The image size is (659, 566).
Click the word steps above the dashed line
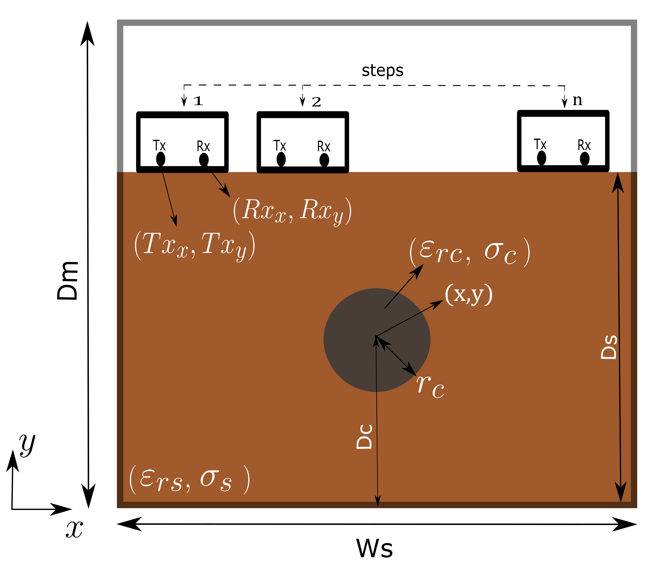pos(382,71)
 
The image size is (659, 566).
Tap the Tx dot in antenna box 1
pos(161,159)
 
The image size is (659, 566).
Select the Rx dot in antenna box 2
pos(324,160)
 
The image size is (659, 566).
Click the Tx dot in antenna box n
pos(541,158)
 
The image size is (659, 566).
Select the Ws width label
pos(374,548)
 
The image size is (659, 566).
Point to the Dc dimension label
pos(364,437)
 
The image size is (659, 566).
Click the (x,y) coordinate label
pos(469,295)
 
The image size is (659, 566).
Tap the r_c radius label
pos(430,386)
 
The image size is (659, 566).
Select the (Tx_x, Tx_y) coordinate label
pos(195,246)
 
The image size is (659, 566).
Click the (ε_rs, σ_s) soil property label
pos(189,480)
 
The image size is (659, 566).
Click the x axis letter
pos(74,529)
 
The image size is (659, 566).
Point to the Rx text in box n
pos(584,145)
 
